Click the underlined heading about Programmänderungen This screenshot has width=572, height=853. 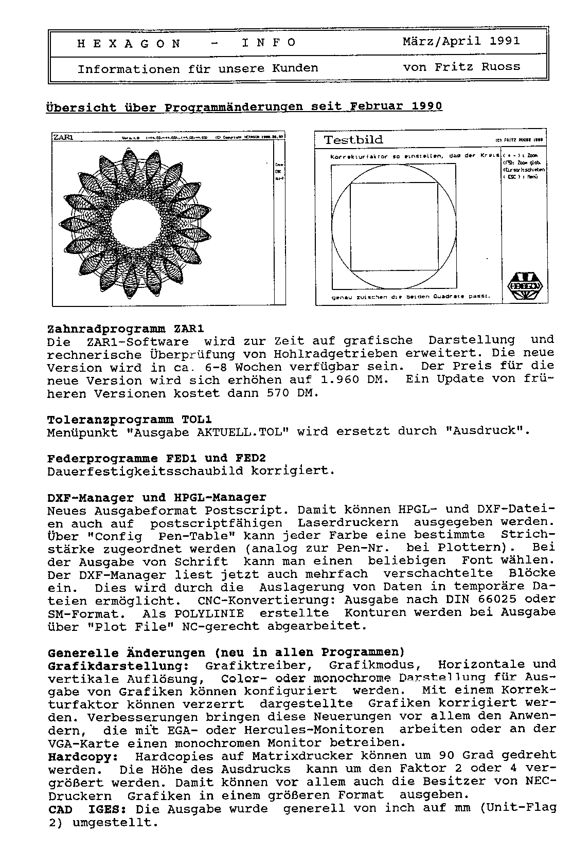pos(244,106)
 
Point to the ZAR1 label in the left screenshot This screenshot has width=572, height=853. pos(63,137)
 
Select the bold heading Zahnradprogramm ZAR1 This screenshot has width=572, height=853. pos(126,329)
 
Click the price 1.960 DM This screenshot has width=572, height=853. pos(355,380)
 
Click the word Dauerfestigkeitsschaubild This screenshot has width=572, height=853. pos(145,471)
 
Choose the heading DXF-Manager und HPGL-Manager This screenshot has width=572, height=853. pos(157,498)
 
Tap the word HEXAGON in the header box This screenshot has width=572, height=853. pos(129,44)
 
